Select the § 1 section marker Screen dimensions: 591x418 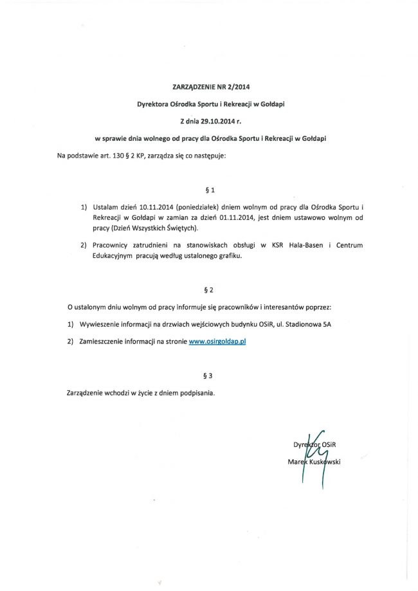tap(208, 190)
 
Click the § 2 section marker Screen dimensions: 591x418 tap(208, 289)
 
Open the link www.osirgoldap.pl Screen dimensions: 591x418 tap(217, 342)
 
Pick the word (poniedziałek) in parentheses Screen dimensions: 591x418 tap(198, 208)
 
